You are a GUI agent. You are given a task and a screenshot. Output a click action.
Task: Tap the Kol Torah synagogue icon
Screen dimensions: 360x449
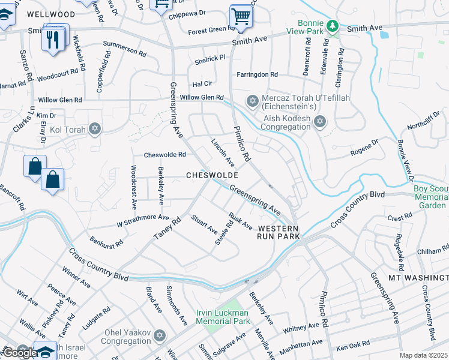tap(94, 128)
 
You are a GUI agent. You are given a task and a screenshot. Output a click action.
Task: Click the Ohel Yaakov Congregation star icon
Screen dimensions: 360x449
tap(158, 335)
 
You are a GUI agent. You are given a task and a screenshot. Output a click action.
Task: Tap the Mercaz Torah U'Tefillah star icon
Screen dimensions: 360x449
tap(253, 100)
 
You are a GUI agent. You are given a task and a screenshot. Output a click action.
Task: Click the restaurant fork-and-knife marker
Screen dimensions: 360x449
tap(52, 40)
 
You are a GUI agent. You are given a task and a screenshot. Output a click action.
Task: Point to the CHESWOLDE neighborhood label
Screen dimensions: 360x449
tap(212, 175)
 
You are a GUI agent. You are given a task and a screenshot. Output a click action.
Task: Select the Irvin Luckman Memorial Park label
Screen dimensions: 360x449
tap(223, 317)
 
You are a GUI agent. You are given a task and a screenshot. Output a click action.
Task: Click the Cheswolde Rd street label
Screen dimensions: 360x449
tap(164, 154)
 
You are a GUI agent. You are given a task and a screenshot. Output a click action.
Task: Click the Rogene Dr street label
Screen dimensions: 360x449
tap(365, 148)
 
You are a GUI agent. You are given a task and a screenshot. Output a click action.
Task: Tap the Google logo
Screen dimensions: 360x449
tap(20, 353)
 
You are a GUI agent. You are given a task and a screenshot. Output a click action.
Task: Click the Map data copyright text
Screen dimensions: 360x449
tap(423, 355)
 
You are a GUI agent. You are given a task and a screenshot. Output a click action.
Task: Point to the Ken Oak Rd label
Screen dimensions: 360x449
tap(353, 347)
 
